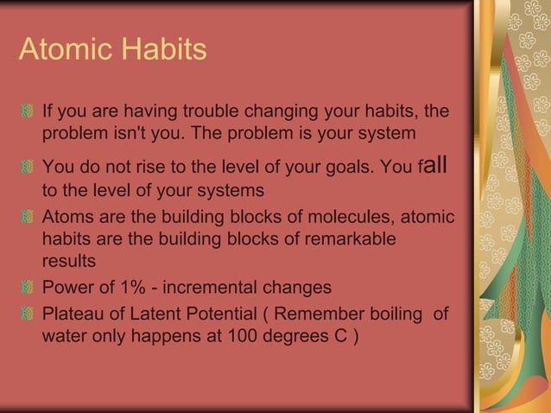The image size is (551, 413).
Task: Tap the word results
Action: tap(69, 260)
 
